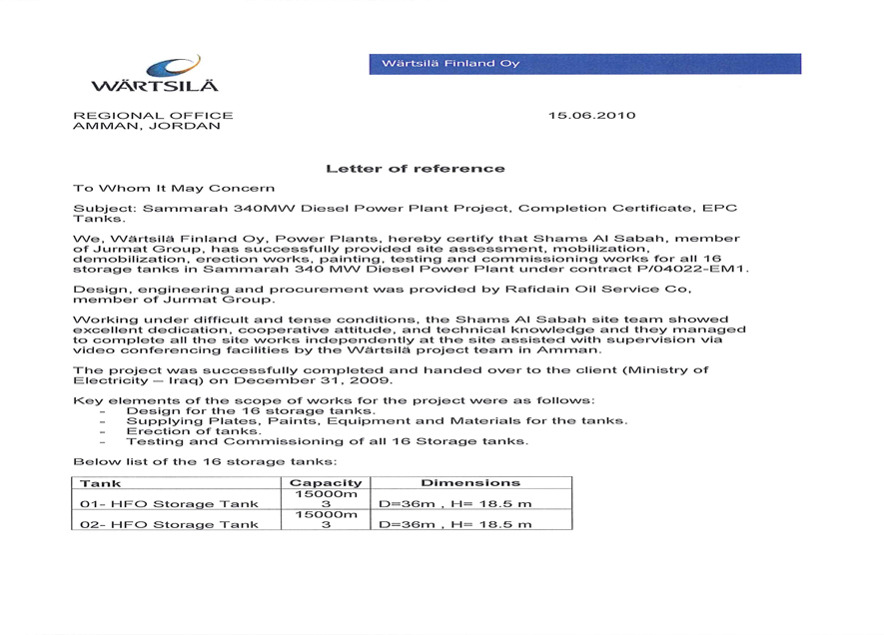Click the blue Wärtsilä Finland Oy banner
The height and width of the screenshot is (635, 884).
pyautogui.click(x=584, y=64)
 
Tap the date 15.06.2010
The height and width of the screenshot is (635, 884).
pyautogui.click(x=591, y=116)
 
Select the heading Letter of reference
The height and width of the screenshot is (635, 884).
pyautogui.click(x=415, y=169)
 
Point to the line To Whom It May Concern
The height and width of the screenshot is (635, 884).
pyautogui.click(x=174, y=188)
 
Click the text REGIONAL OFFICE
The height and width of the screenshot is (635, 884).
pyautogui.click(x=153, y=116)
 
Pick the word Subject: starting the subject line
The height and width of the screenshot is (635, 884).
pyautogui.click(x=105, y=209)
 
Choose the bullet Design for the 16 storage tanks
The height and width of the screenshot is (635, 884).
pyautogui.click(x=251, y=410)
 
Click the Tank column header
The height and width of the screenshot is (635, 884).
pyautogui.click(x=100, y=483)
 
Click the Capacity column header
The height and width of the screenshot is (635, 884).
pyautogui.click(x=325, y=483)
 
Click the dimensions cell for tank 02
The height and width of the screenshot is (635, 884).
pyautogui.click(x=454, y=524)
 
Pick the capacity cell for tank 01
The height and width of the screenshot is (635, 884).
pyautogui.click(x=325, y=498)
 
